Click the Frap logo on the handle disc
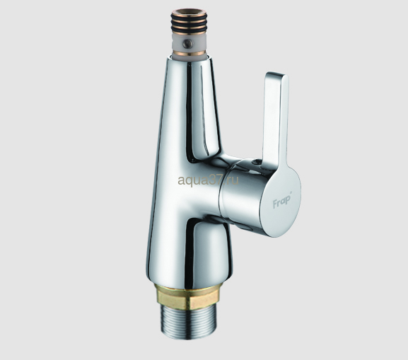282,201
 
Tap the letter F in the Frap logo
274,204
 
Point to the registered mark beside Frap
291,193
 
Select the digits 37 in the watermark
211,179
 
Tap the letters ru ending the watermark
233,180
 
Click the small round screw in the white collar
187,43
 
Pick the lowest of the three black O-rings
188,31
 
